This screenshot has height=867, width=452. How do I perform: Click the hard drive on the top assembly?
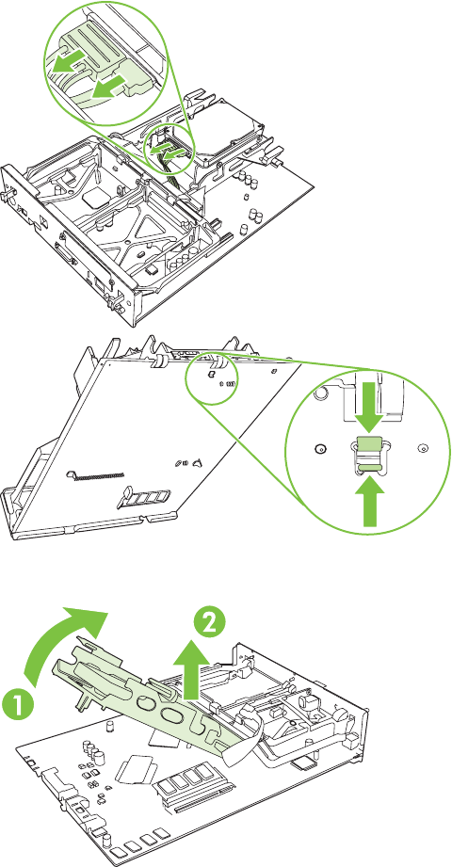click(x=232, y=131)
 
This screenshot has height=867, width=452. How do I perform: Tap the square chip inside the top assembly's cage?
click(x=93, y=198)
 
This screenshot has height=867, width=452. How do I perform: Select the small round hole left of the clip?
click(x=318, y=448)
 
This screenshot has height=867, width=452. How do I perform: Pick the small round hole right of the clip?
click(x=423, y=446)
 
